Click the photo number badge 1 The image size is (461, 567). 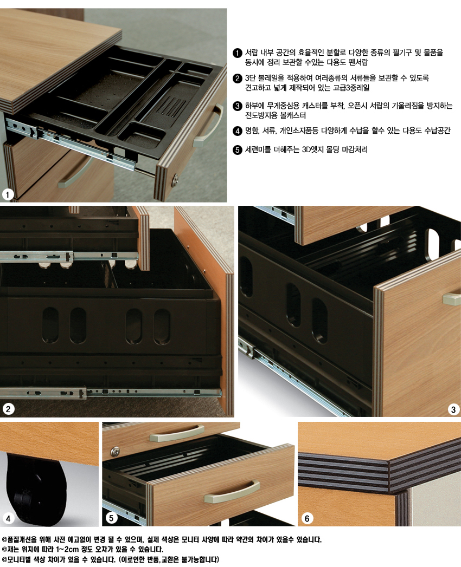[8, 194]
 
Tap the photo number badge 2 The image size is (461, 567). [8, 409]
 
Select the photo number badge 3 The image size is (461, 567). [453, 410]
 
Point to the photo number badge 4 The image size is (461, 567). [8, 519]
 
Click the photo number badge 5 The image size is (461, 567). [111, 518]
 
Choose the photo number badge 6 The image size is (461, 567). [307, 519]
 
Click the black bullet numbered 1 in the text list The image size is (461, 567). [237, 53]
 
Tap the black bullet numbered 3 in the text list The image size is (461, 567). [237, 106]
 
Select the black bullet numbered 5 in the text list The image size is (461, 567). [237, 149]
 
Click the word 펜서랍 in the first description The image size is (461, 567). [358, 62]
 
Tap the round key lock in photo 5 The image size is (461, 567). [116, 452]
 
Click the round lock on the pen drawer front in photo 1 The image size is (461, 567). [176, 179]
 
